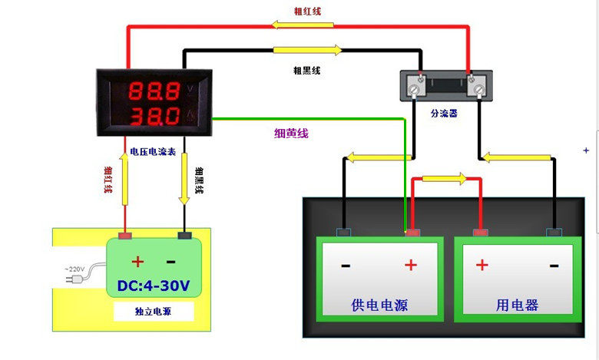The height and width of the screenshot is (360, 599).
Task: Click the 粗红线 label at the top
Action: tap(307, 11)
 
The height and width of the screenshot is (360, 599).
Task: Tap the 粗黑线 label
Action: tap(306, 70)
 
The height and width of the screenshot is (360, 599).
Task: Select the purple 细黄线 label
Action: tap(291, 133)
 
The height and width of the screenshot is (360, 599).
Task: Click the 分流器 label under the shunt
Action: tap(444, 113)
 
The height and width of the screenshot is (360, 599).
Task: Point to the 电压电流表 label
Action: tap(153, 152)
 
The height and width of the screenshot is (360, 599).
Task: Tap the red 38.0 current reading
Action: tap(154, 117)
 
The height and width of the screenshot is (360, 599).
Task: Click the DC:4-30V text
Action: tap(154, 286)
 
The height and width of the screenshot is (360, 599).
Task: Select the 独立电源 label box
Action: tap(154, 312)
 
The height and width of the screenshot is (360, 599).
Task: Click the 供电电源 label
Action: tap(379, 306)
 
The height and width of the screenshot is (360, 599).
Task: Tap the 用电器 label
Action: tap(517, 306)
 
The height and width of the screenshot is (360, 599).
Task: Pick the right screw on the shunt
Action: tap(480, 89)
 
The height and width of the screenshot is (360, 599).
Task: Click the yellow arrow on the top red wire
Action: tap(303, 25)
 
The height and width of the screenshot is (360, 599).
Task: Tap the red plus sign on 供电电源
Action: tap(411, 265)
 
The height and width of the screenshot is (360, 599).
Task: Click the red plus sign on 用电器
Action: tap(482, 265)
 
